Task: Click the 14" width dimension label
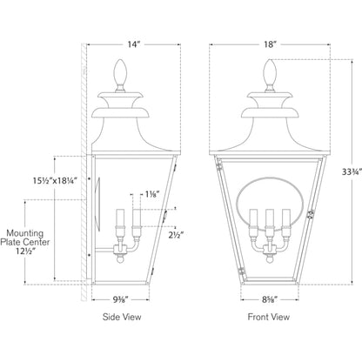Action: [x=134, y=44]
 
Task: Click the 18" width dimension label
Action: [x=270, y=44]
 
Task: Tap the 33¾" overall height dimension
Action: [x=352, y=171]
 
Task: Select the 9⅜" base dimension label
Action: [x=120, y=299]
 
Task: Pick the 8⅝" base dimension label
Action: [x=270, y=299]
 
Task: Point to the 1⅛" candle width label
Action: [x=152, y=194]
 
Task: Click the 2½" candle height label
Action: [x=176, y=235]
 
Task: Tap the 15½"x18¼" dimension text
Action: [x=55, y=181]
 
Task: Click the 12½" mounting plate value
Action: [x=25, y=251]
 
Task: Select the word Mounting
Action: [x=25, y=233]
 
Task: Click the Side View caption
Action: [x=122, y=317]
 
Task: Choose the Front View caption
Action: [x=269, y=317]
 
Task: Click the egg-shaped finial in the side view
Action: [x=120, y=71]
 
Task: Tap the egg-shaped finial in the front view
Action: [x=270, y=71]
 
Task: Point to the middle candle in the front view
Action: [x=270, y=220]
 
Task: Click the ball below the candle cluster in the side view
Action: [x=120, y=259]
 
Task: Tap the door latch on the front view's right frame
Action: [x=311, y=214]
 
